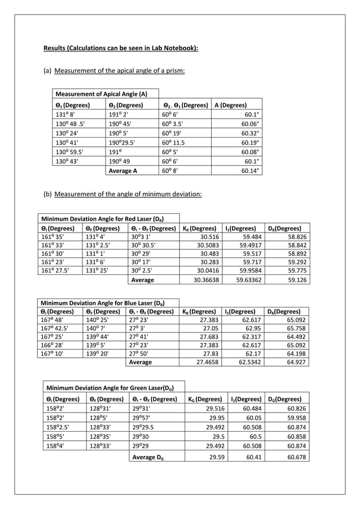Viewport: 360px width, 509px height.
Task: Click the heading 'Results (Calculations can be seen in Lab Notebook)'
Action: (121, 48)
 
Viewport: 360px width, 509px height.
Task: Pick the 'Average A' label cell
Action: (123, 171)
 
